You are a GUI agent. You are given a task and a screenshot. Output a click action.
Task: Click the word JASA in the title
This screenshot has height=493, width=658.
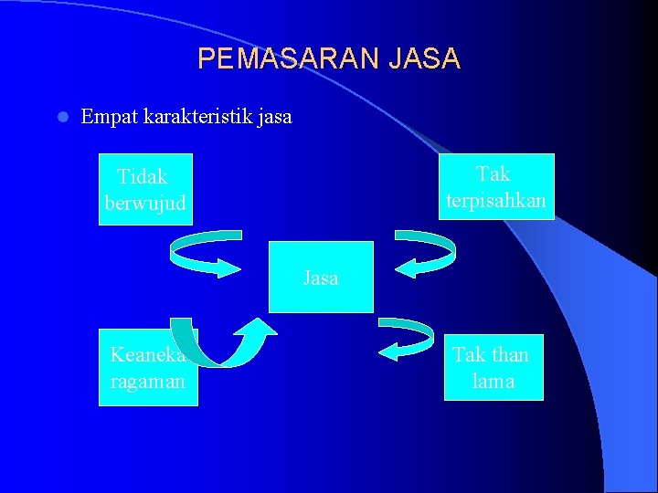[424, 59]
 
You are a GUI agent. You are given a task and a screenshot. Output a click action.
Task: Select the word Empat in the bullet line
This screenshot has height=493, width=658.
[109, 117]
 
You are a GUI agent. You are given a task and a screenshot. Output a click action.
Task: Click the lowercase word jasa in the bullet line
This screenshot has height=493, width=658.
[273, 117]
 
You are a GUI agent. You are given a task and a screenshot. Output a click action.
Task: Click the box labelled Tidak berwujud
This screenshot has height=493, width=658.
[144, 189]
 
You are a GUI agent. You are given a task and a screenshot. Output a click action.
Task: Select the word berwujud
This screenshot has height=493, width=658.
[144, 203]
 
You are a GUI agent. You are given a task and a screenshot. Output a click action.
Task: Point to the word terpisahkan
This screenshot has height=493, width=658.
[495, 200]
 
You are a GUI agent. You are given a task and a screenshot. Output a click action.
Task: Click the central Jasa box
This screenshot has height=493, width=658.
[321, 278]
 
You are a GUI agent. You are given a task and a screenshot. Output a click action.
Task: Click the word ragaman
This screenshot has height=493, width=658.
[147, 382]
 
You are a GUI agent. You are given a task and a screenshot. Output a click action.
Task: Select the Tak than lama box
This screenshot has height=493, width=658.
[493, 367]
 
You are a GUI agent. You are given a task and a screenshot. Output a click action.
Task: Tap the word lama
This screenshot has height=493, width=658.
[493, 382]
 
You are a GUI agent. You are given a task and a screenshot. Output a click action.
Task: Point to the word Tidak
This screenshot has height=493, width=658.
[143, 176]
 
